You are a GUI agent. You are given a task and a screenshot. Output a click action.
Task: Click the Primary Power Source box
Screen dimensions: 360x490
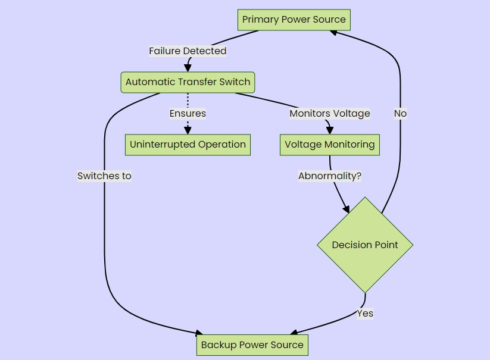[294, 20]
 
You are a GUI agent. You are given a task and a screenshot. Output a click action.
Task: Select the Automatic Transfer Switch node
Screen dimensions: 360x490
[188, 82]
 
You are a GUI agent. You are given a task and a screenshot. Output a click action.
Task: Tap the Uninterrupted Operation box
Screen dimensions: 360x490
[188, 145]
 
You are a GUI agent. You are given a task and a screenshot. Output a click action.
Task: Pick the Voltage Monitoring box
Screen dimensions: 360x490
[329, 145]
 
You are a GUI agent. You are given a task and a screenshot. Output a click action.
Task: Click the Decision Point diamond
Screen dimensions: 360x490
[365, 245]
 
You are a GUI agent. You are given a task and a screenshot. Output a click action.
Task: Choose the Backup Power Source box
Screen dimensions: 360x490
[252, 345]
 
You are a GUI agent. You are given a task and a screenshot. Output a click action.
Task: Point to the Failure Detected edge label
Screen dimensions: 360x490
[188, 51]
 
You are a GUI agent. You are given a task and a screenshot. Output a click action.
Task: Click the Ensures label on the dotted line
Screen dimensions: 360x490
[188, 114]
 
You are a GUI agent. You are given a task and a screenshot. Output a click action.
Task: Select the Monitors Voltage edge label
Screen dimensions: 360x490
[329, 114]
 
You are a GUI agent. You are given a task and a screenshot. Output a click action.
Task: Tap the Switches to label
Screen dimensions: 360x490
[104, 176]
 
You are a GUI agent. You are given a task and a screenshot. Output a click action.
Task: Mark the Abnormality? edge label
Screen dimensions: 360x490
[329, 176]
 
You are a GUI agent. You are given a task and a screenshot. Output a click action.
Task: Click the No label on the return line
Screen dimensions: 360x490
[400, 114]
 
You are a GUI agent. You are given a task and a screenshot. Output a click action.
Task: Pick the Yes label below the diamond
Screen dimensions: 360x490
[365, 314]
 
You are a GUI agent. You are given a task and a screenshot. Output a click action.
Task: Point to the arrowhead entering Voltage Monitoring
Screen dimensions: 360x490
[329, 131]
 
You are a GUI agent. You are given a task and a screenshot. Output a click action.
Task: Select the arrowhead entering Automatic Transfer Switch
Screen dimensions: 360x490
[188, 68]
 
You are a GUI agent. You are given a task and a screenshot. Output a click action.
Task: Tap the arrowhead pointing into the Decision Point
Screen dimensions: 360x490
[347, 209]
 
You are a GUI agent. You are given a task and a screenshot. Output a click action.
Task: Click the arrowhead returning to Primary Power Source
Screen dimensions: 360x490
[334, 33]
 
